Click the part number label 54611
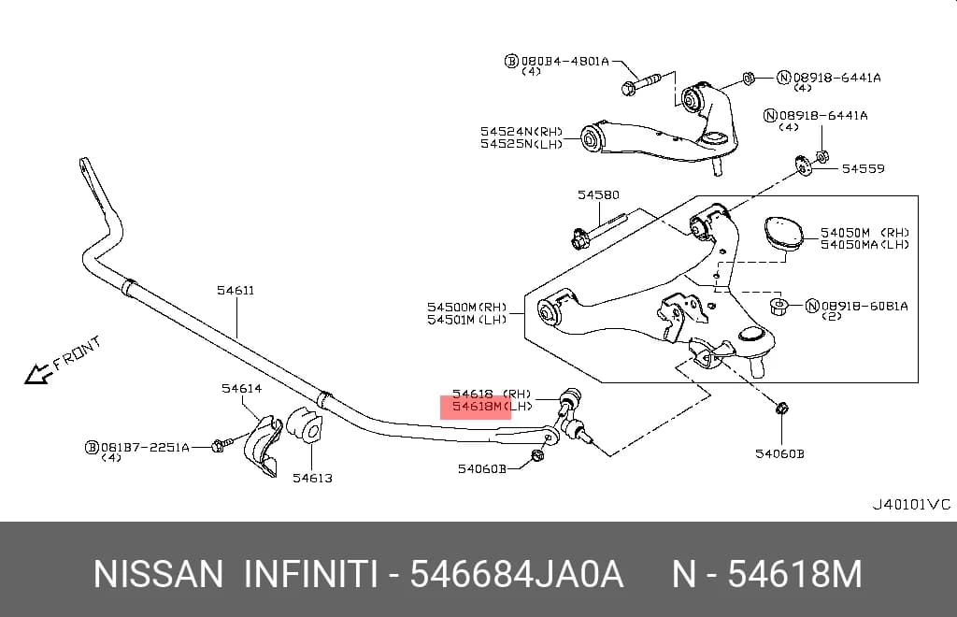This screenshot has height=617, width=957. point(236,291)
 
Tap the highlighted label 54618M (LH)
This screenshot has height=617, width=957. point(492,406)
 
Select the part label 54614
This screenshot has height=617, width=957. point(242,388)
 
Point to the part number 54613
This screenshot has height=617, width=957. point(312,478)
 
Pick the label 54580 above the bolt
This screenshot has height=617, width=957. point(598,194)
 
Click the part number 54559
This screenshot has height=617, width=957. point(863,168)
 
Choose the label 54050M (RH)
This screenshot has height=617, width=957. point(864,233)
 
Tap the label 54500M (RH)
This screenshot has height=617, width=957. point(467,307)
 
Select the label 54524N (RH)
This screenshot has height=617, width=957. point(521,131)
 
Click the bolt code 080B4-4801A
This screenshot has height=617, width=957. point(564,61)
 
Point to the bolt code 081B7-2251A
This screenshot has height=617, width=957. point(145,448)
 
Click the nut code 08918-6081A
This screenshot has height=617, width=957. point(864,306)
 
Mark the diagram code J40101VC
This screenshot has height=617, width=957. point(910,504)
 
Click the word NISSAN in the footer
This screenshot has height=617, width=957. point(158,574)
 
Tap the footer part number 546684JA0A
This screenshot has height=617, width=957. point(516,574)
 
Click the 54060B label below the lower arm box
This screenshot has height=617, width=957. point(779,453)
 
